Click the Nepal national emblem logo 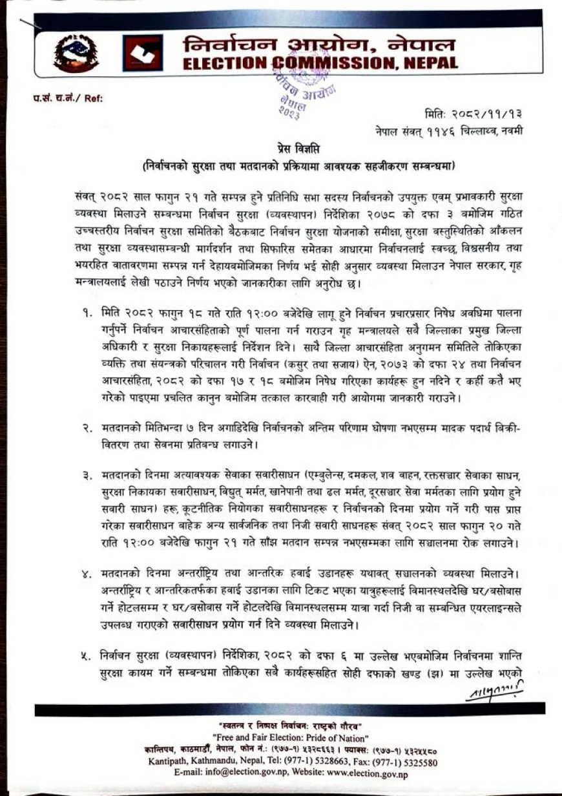pyautogui.click(x=76, y=53)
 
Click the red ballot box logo pyautogui.click(x=142, y=53)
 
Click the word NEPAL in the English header pyautogui.click(x=427, y=63)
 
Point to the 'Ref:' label pyautogui.click(x=93, y=98)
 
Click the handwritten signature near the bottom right pyautogui.click(x=494, y=692)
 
